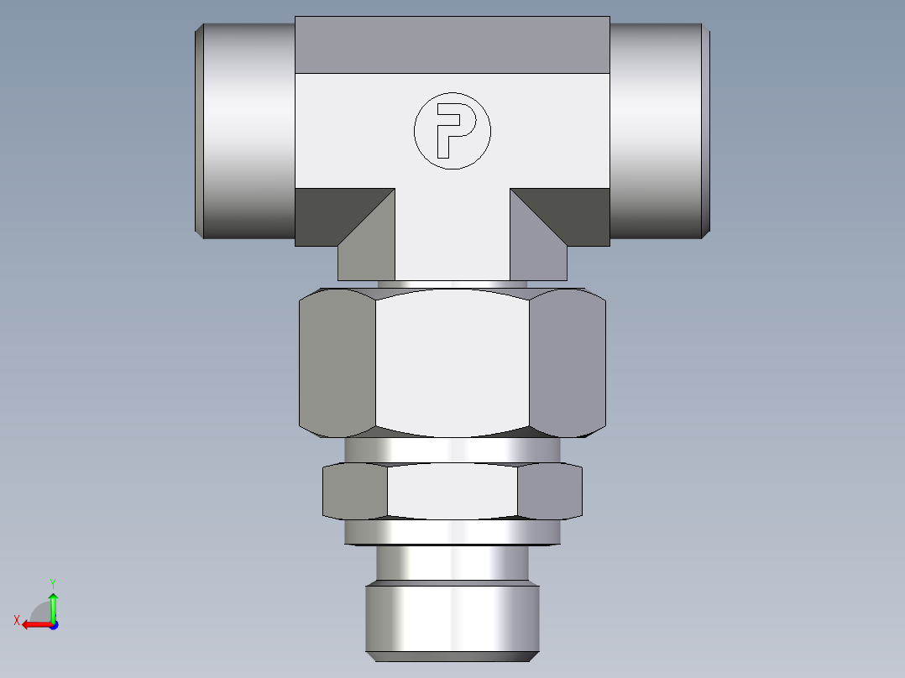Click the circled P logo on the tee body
click(x=452, y=130)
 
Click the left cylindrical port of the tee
click(x=245, y=130)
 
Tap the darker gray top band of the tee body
click(x=452, y=44)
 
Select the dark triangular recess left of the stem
click(x=332, y=214)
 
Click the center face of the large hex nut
click(x=452, y=362)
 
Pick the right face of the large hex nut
click(x=567, y=362)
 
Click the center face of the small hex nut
click(x=452, y=491)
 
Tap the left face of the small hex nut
click(x=355, y=491)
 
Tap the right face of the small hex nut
click(x=549, y=491)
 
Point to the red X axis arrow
click(x=34, y=624)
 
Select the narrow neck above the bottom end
click(x=452, y=564)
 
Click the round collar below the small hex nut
click(x=452, y=531)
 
